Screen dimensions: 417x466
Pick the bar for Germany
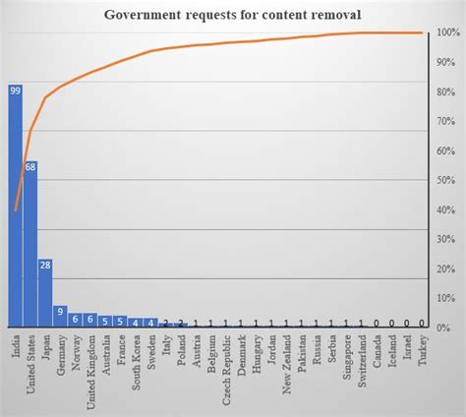60,316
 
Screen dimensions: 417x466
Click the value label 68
30,166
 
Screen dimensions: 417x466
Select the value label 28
45,264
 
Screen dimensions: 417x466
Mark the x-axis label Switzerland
362,362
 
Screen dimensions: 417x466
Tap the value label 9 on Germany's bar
60,312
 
